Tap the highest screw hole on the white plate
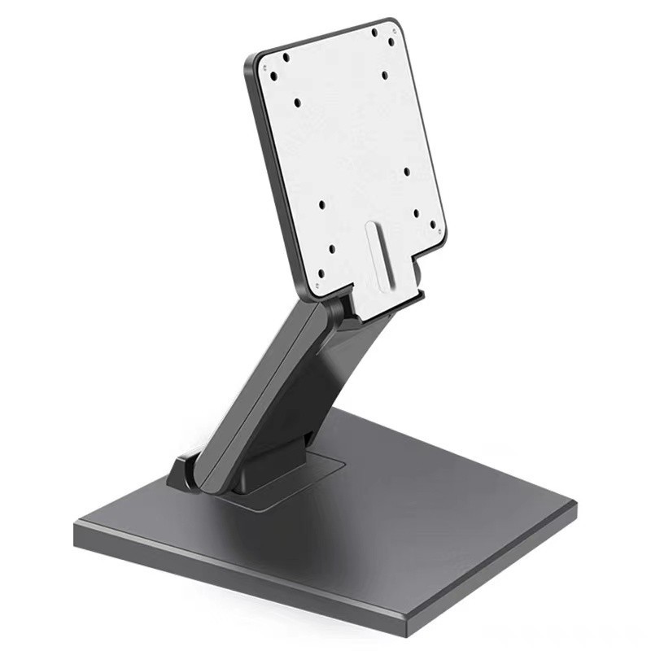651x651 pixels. [x=375, y=33]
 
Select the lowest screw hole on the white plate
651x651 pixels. [x=321, y=273]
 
